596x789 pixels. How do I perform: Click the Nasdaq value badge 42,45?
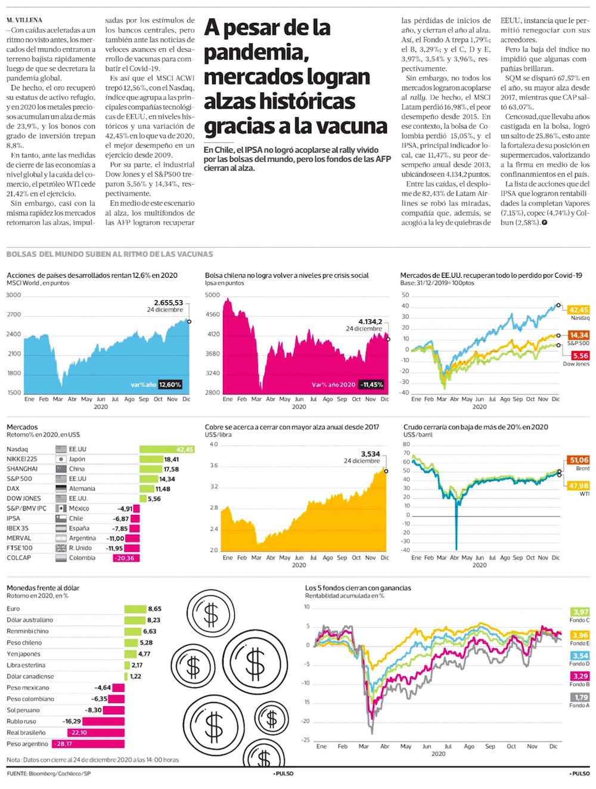click(x=579, y=310)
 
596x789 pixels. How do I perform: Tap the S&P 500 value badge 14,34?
click(x=579, y=335)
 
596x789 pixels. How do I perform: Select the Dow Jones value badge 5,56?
click(x=580, y=356)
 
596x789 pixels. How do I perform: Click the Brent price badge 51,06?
click(x=579, y=460)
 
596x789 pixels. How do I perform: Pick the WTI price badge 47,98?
click(x=579, y=486)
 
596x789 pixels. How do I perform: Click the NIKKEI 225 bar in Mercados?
click(x=151, y=459)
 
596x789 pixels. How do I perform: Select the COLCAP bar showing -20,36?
click(x=126, y=558)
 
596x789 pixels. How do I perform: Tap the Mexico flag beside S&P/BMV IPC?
click(x=61, y=509)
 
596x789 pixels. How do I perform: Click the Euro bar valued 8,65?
click(x=135, y=609)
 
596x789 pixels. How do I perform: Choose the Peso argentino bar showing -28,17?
click(x=88, y=744)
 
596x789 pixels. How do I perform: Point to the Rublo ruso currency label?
click(x=21, y=721)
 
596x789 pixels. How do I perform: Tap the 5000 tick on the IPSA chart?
click(x=212, y=295)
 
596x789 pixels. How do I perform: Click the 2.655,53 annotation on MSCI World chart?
click(x=168, y=303)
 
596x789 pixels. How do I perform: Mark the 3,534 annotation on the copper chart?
click(x=370, y=454)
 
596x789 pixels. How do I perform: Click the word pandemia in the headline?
click(x=256, y=53)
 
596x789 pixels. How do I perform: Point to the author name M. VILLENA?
click(x=24, y=20)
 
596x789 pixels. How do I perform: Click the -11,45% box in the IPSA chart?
click(x=371, y=385)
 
